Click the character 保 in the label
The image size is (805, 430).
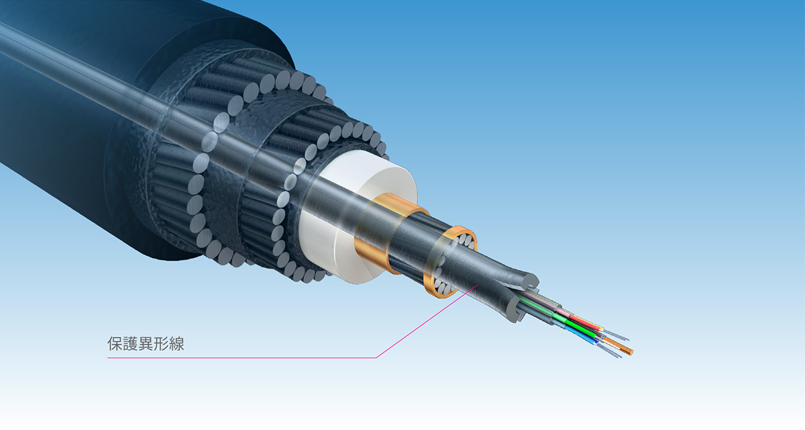pos(115,344)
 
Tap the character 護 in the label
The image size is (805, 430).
pos(130,344)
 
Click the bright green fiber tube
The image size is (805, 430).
pos(574,327)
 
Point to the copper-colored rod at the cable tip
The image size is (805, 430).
pos(619,345)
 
